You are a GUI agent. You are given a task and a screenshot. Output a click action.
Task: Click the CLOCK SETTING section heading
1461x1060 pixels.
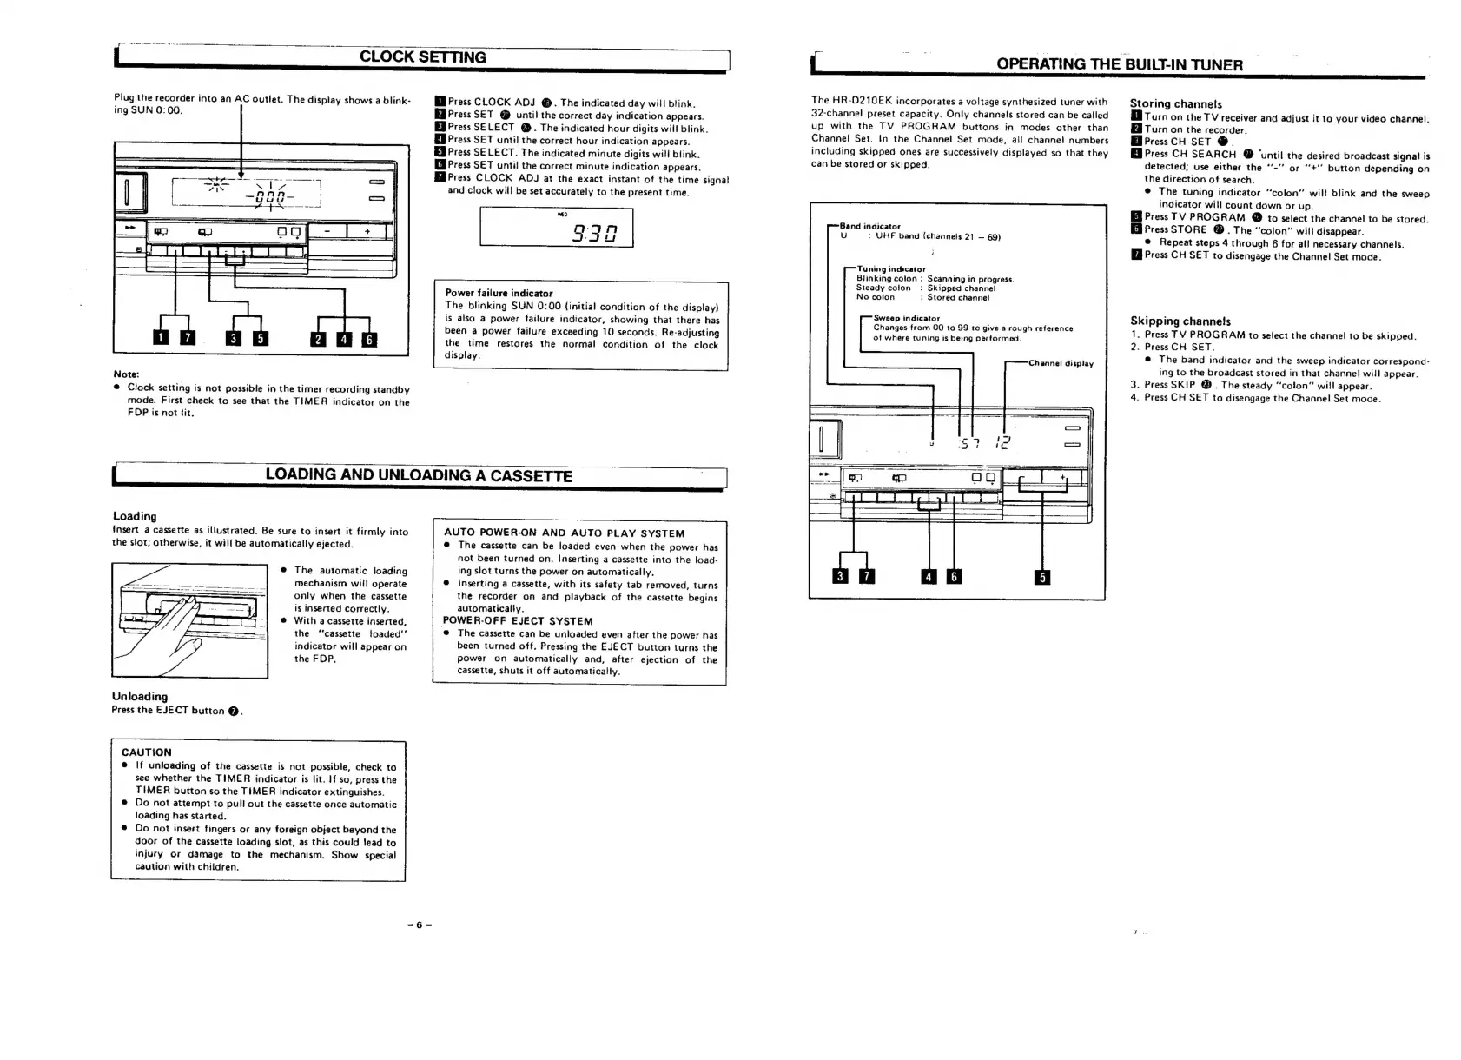[x=422, y=57]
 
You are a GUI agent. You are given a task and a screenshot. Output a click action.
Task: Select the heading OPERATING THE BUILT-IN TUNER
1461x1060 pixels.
[x=1119, y=64]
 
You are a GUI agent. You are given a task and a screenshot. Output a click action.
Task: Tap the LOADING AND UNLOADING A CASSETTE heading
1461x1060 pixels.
[x=419, y=475]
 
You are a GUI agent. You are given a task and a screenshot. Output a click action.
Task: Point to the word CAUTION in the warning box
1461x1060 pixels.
[x=147, y=752]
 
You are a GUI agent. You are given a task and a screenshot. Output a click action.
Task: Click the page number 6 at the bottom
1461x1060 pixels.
[x=418, y=924]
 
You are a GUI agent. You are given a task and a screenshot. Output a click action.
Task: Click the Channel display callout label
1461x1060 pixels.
[x=1061, y=363]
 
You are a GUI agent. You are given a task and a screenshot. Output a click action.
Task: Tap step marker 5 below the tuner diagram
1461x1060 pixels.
[x=1042, y=577]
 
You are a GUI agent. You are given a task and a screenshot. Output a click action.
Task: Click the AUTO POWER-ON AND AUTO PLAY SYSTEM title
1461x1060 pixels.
[x=564, y=533]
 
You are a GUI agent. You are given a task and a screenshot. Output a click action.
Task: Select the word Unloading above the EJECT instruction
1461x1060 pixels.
[x=140, y=697]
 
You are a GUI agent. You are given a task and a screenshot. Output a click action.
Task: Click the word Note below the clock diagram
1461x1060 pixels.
[x=127, y=374]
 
